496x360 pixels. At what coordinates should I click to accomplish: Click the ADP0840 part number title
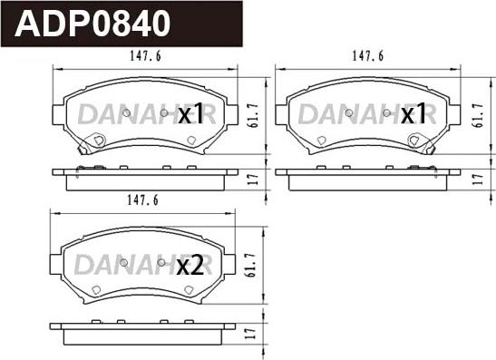[x=92, y=24]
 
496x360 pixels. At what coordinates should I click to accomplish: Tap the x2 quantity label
[x=190, y=266]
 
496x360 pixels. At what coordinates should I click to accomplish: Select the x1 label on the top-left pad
[x=190, y=113]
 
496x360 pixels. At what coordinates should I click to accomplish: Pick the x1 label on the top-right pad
[x=413, y=113]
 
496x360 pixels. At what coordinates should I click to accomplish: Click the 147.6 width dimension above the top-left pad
[x=145, y=56]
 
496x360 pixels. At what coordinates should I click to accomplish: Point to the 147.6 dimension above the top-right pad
[x=368, y=56]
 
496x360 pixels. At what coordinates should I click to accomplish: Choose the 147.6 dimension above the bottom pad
[x=142, y=200]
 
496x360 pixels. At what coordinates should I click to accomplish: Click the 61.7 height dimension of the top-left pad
[x=254, y=115]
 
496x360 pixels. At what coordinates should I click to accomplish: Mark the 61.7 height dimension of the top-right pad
[x=478, y=115]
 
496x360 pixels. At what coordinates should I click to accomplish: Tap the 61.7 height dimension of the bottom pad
[x=251, y=265]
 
